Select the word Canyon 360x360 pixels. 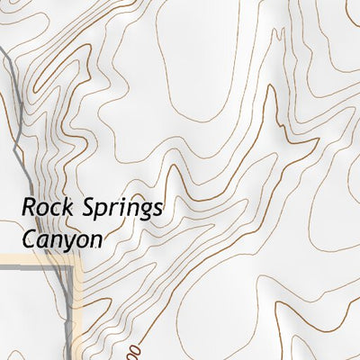61,241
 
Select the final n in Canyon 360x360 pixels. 96,242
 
